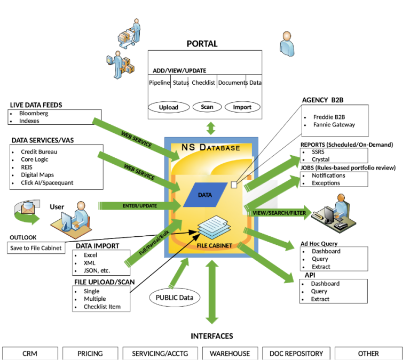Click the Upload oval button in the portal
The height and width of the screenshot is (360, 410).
[169, 107]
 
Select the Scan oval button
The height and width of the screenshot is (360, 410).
[207, 107]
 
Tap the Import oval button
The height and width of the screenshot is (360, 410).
[242, 107]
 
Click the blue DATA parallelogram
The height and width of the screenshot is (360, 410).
[205, 195]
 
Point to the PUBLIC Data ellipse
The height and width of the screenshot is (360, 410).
[175, 298]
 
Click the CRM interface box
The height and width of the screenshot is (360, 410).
[30, 353]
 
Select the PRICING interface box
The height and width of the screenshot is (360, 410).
[90, 353]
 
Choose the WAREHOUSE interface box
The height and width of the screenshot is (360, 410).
[230, 353]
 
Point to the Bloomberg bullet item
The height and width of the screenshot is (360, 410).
[34, 114]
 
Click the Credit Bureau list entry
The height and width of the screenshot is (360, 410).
[39, 152]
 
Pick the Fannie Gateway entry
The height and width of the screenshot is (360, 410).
[334, 125]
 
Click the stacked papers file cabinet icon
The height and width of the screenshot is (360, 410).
[214, 228]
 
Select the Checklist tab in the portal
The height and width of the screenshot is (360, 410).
[203, 83]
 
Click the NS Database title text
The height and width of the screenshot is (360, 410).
[211, 147]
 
